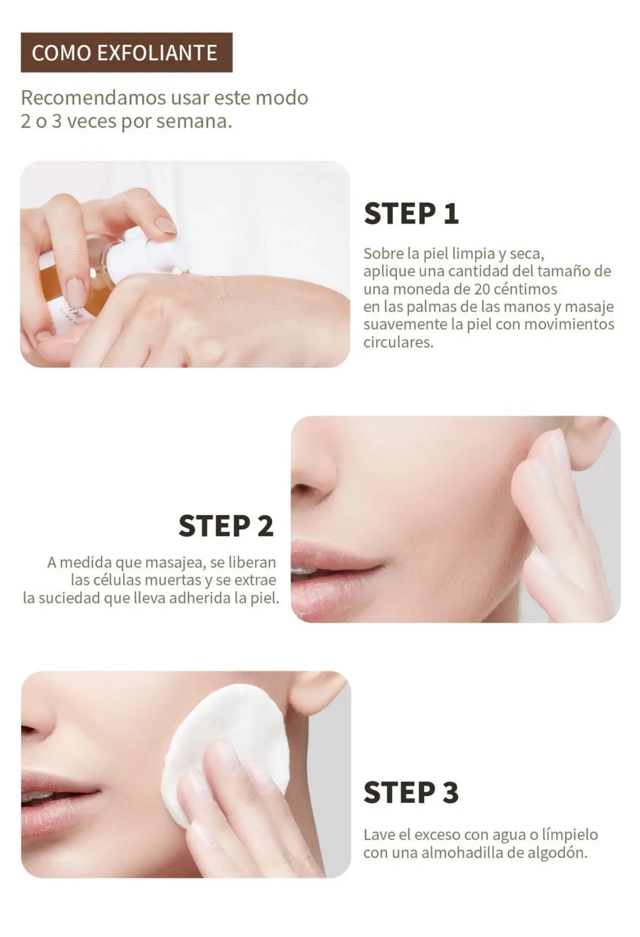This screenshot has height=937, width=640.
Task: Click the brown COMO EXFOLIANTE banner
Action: [127, 52]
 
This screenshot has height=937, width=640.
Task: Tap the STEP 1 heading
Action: [411, 214]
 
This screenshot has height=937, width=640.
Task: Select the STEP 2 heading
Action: [226, 526]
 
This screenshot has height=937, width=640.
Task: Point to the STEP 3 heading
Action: [411, 792]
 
